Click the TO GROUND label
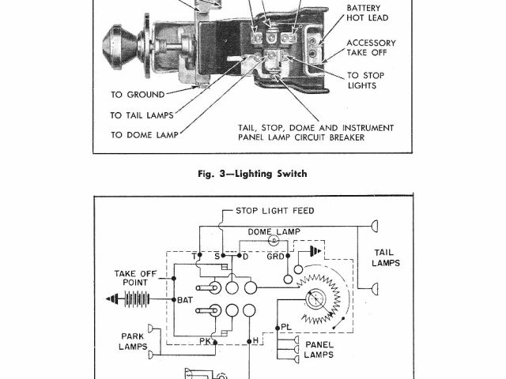pyautogui.click(x=138, y=94)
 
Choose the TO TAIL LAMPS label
pyautogui.click(x=148, y=114)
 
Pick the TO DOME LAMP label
pyautogui.click(x=145, y=135)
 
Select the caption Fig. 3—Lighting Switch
pyautogui.click(x=253, y=174)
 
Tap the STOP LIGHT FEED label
pyautogui.click(x=274, y=211)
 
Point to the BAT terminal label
pyautogui.click(x=185, y=300)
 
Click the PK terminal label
pyautogui.click(x=205, y=341)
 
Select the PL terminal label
pyautogui.click(x=286, y=326)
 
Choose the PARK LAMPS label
pyautogui.click(x=134, y=340)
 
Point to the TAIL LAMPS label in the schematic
pyautogui.click(x=387, y=257)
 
